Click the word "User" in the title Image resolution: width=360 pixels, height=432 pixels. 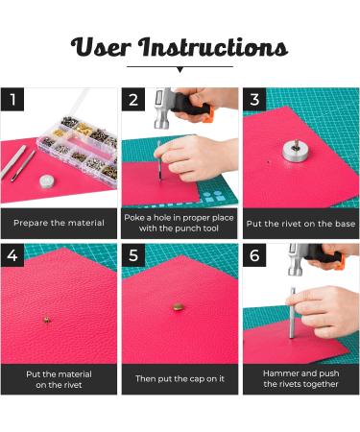tap(101, 47)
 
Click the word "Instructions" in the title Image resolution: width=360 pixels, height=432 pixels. tap(213, 47)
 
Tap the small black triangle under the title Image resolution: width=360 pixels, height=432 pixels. tap(180, 70)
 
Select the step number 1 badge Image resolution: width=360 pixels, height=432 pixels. tap(12, 100)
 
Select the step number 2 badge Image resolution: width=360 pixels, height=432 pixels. tap(133, 100)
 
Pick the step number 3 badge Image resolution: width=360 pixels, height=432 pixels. tap(254, 100)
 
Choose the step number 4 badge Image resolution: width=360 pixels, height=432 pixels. tap(12, 255)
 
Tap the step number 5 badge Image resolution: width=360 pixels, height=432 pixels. tap(133, 255)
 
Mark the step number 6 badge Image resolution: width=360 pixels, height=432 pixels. tap(254, 255)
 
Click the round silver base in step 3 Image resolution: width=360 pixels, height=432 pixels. tap(296, 151)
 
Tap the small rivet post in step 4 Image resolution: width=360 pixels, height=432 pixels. tap(47, 319)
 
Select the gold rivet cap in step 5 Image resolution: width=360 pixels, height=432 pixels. tap(179, 307)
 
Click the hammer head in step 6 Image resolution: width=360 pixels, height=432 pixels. tap(296, 260)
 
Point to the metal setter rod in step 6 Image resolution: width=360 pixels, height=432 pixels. tap(292, 313)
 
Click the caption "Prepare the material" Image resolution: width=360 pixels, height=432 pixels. tap(59, 223)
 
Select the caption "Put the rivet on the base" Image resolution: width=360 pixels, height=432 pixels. tap(300, 224)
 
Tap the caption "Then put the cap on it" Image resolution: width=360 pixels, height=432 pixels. tap(180, 379)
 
